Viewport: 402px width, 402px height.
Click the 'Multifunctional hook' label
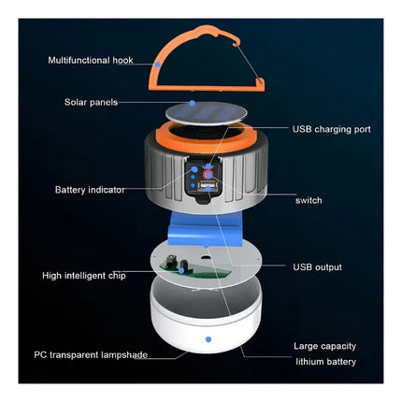[x=91, y=60]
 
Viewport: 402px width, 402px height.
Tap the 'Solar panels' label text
[x=91, y=102]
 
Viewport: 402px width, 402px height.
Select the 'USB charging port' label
[x=332, y=129]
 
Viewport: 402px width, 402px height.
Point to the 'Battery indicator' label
[x=90, y=190]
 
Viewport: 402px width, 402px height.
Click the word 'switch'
[x=309, y=200]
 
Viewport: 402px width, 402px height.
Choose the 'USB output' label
[x=317, y=267]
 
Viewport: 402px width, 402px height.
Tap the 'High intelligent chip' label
[x=84, y=276]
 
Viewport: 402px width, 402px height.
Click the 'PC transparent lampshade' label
[x=91, y=354]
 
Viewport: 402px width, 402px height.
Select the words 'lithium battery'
[x=325, y=362]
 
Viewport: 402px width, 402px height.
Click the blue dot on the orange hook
[x=158, y=65]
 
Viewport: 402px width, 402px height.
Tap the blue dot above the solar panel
[x=193, y=103]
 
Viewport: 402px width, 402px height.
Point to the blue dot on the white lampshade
[x=208, y=339]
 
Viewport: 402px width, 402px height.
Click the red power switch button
[x=208, y=175]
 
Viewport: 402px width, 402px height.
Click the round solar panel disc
[x=206, y=113]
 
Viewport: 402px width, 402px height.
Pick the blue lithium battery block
[x=206, y=229]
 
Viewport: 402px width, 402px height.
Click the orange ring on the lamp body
[x=206, y=137]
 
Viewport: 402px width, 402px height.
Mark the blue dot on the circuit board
[x=181, y=271]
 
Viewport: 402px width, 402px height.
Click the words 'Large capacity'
[x=324, y=346]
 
